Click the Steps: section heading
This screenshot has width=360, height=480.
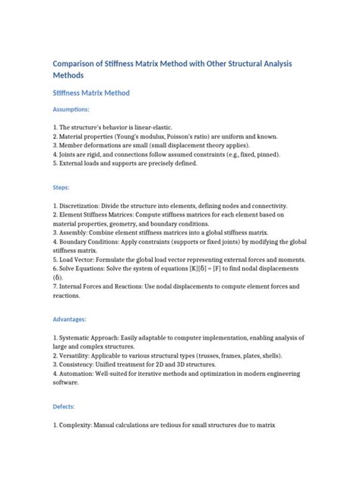point(61,187)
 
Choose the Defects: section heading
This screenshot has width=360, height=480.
point(64,407)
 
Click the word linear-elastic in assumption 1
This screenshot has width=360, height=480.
point(171,125)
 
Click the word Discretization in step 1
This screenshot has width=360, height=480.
point(83,206)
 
